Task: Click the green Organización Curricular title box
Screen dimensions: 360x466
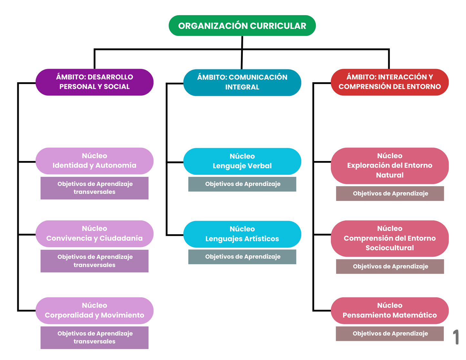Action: (x=242, y=26)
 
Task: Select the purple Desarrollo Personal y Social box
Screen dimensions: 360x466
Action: (x=94, y=82)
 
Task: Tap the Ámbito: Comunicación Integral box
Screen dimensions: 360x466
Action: (x=242, y=82)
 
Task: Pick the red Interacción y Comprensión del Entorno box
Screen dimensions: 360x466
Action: (x=390, y=82)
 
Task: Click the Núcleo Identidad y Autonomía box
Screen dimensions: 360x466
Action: (x=94, y=161)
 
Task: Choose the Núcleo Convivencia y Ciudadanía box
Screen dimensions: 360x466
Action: (x=94, y=234)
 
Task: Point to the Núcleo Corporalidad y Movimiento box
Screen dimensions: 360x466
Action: (x=94, y=310)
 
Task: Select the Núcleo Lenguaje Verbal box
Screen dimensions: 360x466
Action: (x=242, y=161)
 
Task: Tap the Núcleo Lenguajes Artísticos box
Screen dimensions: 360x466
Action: (x=242, y=234)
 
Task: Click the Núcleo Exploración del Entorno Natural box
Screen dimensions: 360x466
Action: (x=390, y=166)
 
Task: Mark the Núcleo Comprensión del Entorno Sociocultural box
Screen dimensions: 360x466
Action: (x=390, y=238)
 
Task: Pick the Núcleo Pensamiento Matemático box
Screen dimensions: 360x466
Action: (x=390, y=310)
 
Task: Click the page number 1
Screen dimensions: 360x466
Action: (x=456, y=337)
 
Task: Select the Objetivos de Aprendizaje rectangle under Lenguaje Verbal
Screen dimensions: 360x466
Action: (x=242, y=184)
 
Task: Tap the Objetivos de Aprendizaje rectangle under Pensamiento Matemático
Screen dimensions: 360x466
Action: (x=390, y=334)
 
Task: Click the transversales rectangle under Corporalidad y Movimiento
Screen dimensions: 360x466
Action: (x=94, y=338)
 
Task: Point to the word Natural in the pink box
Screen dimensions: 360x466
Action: (x=390, y=175)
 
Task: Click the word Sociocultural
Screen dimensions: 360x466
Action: (x=390, y=248)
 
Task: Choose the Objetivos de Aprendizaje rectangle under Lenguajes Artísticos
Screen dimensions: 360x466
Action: (x=242, y=257)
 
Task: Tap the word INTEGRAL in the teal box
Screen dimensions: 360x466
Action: (x=242, y=87)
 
